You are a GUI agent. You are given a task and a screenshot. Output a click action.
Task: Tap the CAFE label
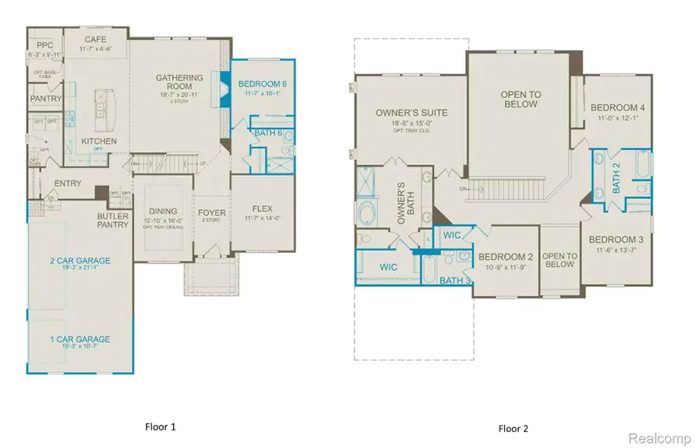coord(96,39)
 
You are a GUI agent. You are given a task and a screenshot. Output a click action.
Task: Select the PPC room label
coord(44,46)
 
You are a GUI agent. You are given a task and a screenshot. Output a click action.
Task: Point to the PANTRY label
coord(46,99)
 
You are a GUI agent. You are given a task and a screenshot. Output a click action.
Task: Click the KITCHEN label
coord(99,142)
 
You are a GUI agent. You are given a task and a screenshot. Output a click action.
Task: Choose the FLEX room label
coord(264,208)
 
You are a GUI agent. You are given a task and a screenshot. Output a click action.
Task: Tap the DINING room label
coord(163,211)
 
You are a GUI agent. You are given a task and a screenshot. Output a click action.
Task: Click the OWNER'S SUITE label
coord(412,113)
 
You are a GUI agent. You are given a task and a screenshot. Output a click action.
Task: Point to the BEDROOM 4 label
coord(617,107)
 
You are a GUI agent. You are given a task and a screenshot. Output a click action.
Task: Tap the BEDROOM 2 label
coord(506,257)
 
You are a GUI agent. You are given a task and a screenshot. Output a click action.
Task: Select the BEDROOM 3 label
coord(617,239)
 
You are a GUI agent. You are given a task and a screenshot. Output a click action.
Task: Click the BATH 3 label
coord(455,280)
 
